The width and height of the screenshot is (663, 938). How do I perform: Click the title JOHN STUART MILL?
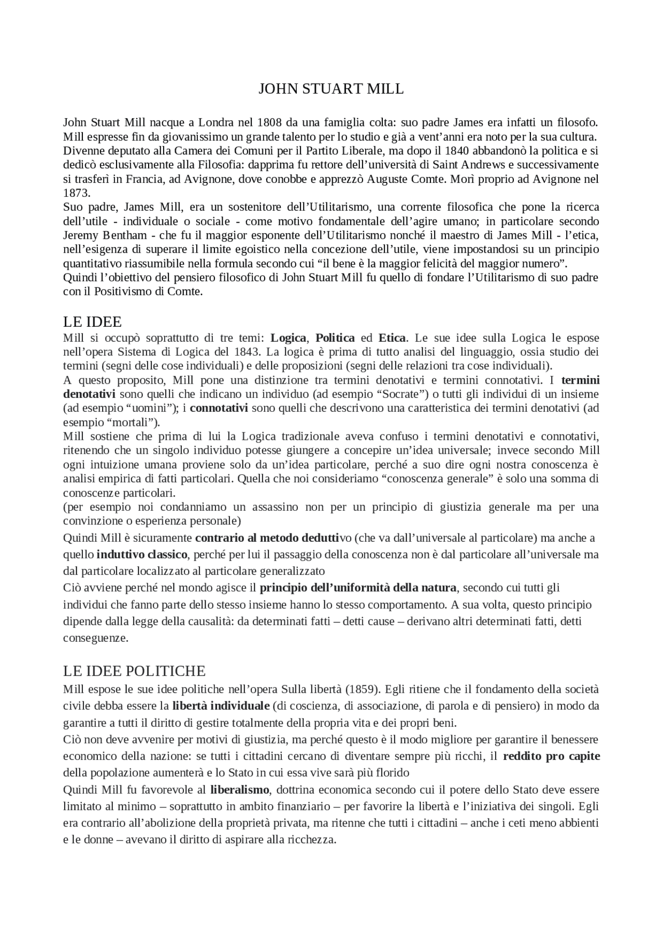point(331,89)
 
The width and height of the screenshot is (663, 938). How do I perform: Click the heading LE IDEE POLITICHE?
point(134,671)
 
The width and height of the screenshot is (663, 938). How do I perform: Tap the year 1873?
point(77,193)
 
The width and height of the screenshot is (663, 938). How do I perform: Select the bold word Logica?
point(288,338)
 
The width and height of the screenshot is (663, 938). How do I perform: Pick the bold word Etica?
point(392,338)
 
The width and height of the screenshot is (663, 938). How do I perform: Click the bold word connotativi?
point(219,408)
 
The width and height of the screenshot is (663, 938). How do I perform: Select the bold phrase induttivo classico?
point(142,554)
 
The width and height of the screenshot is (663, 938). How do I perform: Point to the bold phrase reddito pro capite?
point(551,756)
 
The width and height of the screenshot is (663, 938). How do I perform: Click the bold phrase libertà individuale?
point(221,705)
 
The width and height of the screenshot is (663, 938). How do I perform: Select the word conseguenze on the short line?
point(95,638)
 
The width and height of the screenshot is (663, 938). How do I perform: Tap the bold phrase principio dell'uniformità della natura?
point(358,587)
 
